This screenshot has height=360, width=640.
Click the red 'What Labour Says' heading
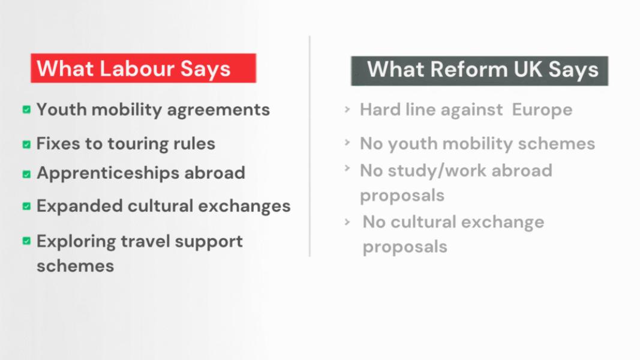click(143, 68)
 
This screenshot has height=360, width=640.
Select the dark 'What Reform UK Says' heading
click(480, 71)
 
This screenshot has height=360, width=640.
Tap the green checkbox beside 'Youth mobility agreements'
click(26, 109)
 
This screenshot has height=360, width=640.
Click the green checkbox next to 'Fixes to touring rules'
click(26, 144)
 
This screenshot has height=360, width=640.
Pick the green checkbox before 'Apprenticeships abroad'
click(26, 174)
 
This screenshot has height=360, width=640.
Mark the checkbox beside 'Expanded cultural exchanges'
click(26, 206)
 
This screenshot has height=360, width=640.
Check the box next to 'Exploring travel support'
click(26, 241)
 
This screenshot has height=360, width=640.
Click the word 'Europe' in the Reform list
click(542, 110)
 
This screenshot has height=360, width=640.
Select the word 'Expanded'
click(79, 206)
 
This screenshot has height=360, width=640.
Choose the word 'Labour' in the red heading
click(137, 68)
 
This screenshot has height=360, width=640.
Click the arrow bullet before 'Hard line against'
click(347, 109)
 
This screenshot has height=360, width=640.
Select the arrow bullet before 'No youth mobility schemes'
click(347, 142)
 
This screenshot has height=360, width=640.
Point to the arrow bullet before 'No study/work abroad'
click(347, 168)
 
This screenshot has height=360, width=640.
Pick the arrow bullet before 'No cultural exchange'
click(347, 222)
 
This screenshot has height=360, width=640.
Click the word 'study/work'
click(437, 170)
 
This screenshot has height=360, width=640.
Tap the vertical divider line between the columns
click(310, 146)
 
